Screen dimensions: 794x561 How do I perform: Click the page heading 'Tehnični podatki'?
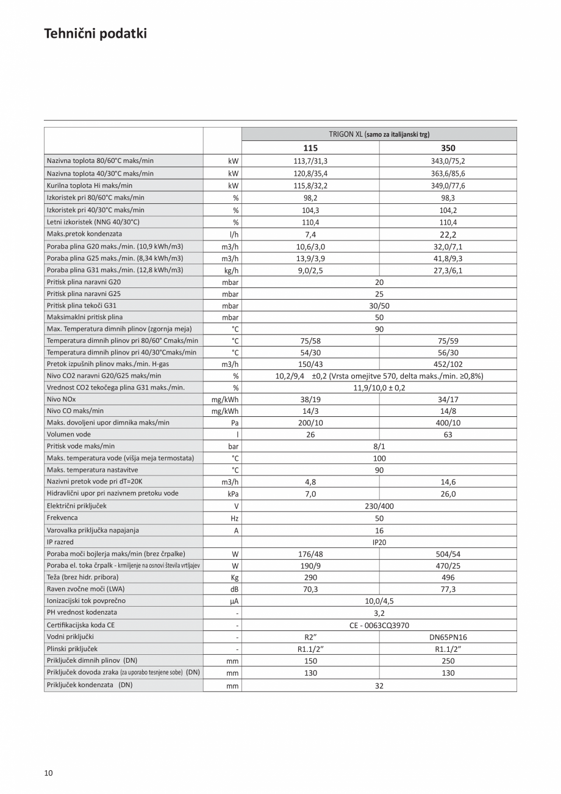coord(95,34)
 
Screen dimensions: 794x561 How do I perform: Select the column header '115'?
coord(310,148)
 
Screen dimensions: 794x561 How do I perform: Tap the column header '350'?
coord(448,148)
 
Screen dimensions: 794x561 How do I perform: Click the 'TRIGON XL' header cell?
coord(379,134)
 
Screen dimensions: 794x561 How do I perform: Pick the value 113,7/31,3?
coord(310,161)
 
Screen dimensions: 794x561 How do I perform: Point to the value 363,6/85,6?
coord(448,173)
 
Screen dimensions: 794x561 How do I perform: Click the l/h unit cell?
coord(234,234)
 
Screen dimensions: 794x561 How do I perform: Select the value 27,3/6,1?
coord(448,270)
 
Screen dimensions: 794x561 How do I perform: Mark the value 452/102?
coord(448,364)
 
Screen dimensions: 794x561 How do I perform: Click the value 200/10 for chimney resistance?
coord(310,422)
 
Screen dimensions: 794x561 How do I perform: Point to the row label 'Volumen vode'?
coord(68,435)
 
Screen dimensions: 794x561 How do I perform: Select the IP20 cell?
coord(379,542)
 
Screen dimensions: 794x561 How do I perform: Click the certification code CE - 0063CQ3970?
coord(379,625)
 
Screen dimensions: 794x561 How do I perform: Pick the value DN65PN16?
coord(448,637)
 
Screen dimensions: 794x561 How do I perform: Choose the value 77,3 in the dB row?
coord(448,589)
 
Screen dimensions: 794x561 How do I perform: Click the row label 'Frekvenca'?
coord(62,518)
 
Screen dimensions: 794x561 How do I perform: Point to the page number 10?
coord(49,773)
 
